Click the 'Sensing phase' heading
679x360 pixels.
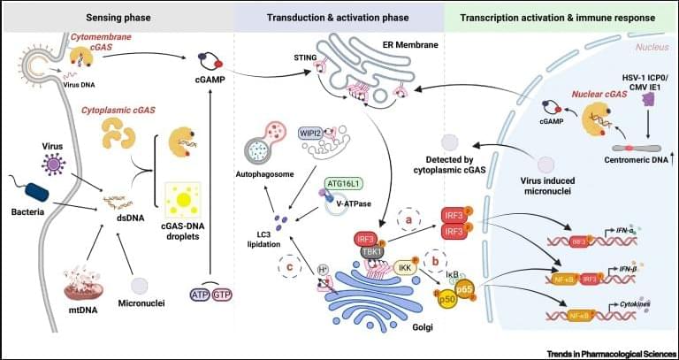[115, 16]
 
